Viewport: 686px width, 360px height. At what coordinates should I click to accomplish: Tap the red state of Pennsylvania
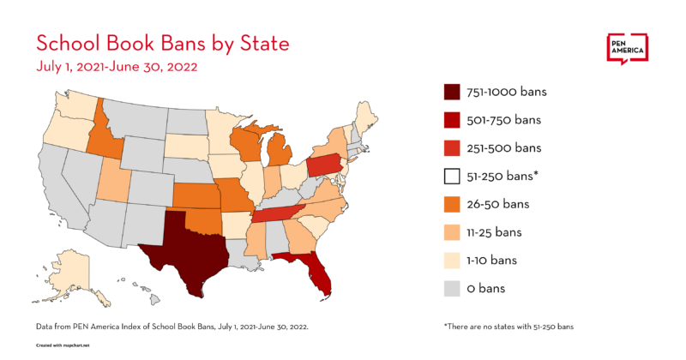click(322, 165)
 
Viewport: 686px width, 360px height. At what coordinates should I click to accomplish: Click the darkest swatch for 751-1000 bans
click(452, 92)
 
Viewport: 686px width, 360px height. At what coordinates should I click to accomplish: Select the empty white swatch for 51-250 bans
click(452, 176)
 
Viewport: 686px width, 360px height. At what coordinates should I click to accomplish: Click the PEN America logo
click(627, 50)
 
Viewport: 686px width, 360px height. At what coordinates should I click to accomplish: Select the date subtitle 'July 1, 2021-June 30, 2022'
click(116, 66)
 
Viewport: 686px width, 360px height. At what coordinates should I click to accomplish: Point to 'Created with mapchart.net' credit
click(65, 347)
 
